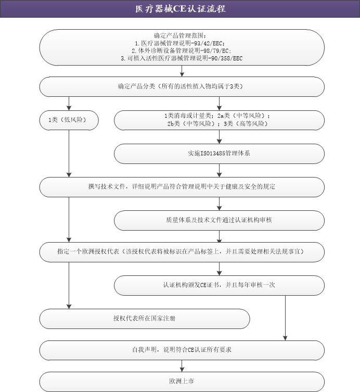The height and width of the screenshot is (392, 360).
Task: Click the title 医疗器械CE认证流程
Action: point(180,9)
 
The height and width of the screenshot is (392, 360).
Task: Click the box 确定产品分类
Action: point(182,86)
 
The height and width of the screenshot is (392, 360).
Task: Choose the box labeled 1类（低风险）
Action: point(69,120)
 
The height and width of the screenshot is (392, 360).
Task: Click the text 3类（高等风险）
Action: point(246,124)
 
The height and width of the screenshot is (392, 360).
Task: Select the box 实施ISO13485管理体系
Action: point(219,154)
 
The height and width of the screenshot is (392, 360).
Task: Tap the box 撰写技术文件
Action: point(182,187)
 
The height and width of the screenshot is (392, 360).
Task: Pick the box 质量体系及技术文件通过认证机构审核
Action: point(219,220)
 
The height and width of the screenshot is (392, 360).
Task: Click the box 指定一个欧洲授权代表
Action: point(182,252)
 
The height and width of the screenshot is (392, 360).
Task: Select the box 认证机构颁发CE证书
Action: point(219,285)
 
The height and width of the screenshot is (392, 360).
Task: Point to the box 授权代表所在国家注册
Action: point(145,319)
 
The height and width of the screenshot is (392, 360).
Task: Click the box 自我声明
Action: point(182,350)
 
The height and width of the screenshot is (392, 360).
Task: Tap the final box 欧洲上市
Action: point(182,382)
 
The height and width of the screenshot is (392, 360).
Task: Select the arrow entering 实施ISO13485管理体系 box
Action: point(219,137)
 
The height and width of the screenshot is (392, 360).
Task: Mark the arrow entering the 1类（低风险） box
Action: point(69,104)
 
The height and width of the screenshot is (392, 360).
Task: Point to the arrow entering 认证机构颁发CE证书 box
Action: point(219,269)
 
